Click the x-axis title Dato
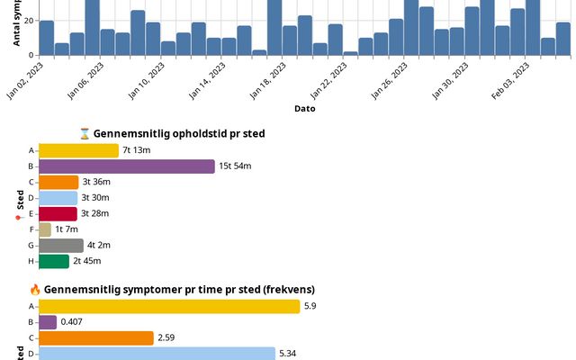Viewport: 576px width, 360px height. pos(304,109)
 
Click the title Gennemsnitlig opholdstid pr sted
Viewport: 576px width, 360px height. pos(178,134)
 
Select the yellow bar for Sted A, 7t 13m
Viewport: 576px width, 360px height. pos(78,150)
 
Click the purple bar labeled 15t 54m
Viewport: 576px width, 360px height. pos(127,166)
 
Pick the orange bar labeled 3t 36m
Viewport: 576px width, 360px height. pos(58,182)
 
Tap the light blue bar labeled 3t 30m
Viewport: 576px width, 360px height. pos(58,198)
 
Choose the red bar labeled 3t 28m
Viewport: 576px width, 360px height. pos(58,213)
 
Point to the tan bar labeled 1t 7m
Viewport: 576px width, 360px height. pos(45,229)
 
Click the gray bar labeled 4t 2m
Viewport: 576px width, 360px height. pos(61,245)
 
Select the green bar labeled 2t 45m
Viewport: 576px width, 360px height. pos(54,261)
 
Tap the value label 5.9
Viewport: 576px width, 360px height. pos(310,306)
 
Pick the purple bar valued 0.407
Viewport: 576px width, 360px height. pos(48,322)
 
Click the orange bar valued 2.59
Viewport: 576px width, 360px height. pos(96,337)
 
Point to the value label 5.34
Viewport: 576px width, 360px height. pos(288,354)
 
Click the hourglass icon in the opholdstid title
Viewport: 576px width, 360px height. pos(85,134)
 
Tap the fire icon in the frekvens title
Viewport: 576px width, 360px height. pos(35,290)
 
